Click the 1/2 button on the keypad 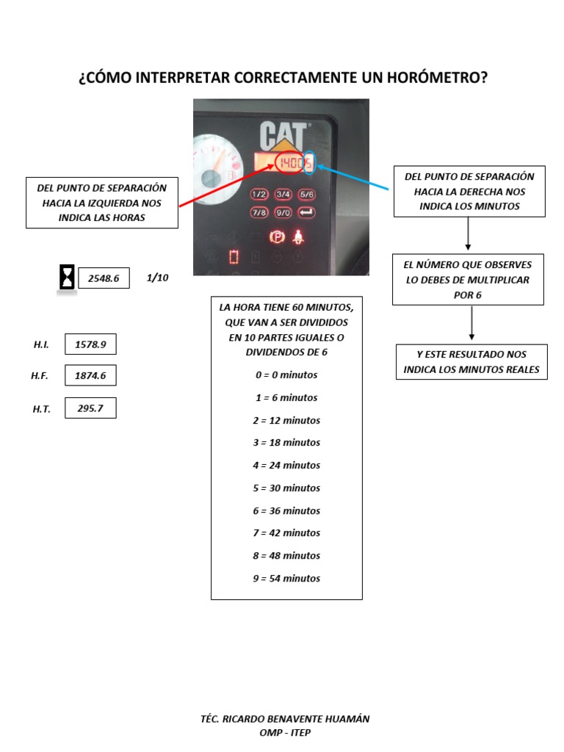click(260, 195)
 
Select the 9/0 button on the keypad click(283, 213)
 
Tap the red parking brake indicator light click(277, 237)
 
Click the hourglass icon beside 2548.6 click(67, 278)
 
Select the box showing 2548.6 click(104, 278)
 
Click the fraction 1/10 click(158, 278)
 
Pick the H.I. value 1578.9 click(90, 344)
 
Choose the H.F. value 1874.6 click(90, 375)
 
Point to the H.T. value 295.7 click(90, 408)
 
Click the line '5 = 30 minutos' click(286, 488)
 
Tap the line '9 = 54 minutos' click(286, 578)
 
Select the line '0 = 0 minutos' click(286, 375)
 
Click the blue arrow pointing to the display click(352, 176)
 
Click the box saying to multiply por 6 click(468, 279)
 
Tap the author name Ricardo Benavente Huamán click(285, 719)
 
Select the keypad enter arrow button click(307, 213)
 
